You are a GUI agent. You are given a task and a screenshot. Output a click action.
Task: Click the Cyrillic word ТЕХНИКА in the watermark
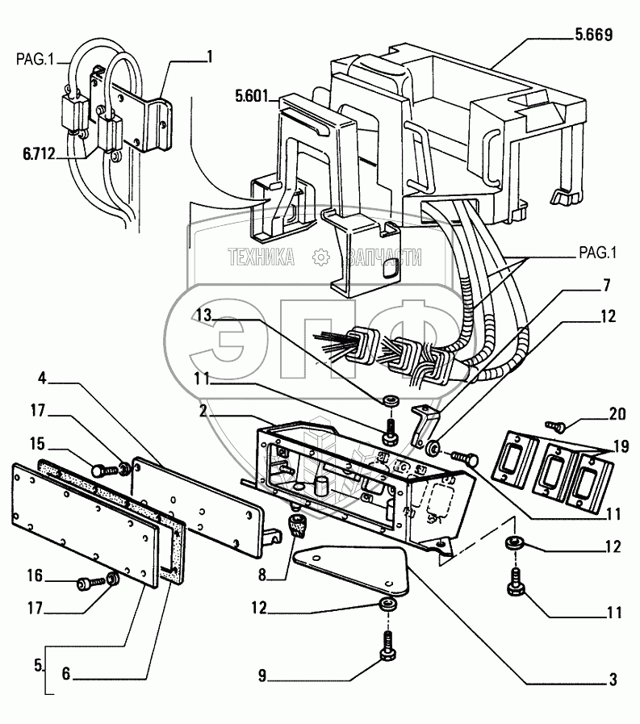coord(261,257)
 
